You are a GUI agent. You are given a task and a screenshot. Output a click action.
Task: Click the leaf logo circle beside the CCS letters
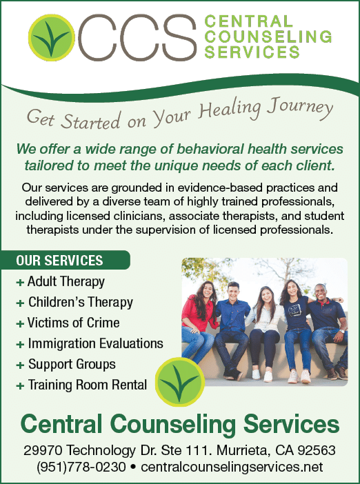[52, 37]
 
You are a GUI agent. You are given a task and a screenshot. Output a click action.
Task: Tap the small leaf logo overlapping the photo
[180, 382]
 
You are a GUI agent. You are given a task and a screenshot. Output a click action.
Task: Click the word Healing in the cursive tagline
[229, 109]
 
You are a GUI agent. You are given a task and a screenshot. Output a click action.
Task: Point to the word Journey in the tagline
[299, 108]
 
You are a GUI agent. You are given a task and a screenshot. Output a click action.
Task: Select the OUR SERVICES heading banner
[65, 260]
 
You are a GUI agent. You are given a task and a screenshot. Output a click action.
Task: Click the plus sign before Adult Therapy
[20, 283]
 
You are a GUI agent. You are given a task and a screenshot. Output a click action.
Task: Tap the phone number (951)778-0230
[81, 467]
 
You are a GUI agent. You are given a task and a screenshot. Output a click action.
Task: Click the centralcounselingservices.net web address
[232, 467]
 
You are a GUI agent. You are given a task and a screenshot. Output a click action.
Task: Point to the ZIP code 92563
[317, 450]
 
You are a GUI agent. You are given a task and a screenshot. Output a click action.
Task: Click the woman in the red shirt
[198, 321]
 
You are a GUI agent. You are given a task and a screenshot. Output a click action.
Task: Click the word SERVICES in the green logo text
[252, 52]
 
